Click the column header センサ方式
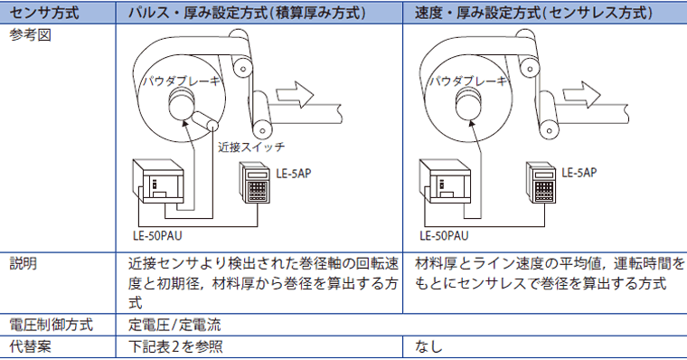click(x=44, y=13)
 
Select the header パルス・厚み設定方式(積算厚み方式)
click(x=247, y=13)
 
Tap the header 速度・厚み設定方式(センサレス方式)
click(x=533, y=13)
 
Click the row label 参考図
click(x=30, y=35)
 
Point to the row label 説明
click(x=24, y=263)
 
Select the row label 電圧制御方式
click(x=52, y=325)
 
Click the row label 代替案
click(x=30, y=346)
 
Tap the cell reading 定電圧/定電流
click(x=174, y=325)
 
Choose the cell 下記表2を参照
click(x=175, y=346)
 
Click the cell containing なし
click(x=428, y=346)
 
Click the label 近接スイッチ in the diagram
click(x=251, y=147)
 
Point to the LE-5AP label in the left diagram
click(x=294, y=174)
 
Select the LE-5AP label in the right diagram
click(x=579, y=173)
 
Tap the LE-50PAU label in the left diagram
click(x=157, y=236)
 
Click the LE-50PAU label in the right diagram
click(x=444, y=236)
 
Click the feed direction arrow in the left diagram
click(x=295, y=94)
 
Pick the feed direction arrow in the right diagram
click(x=581, y=94)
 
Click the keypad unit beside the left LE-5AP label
click(x=255, y=183)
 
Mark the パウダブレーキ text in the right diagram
click(x=467, y=81)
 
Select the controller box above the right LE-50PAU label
click(x=445, y=181)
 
